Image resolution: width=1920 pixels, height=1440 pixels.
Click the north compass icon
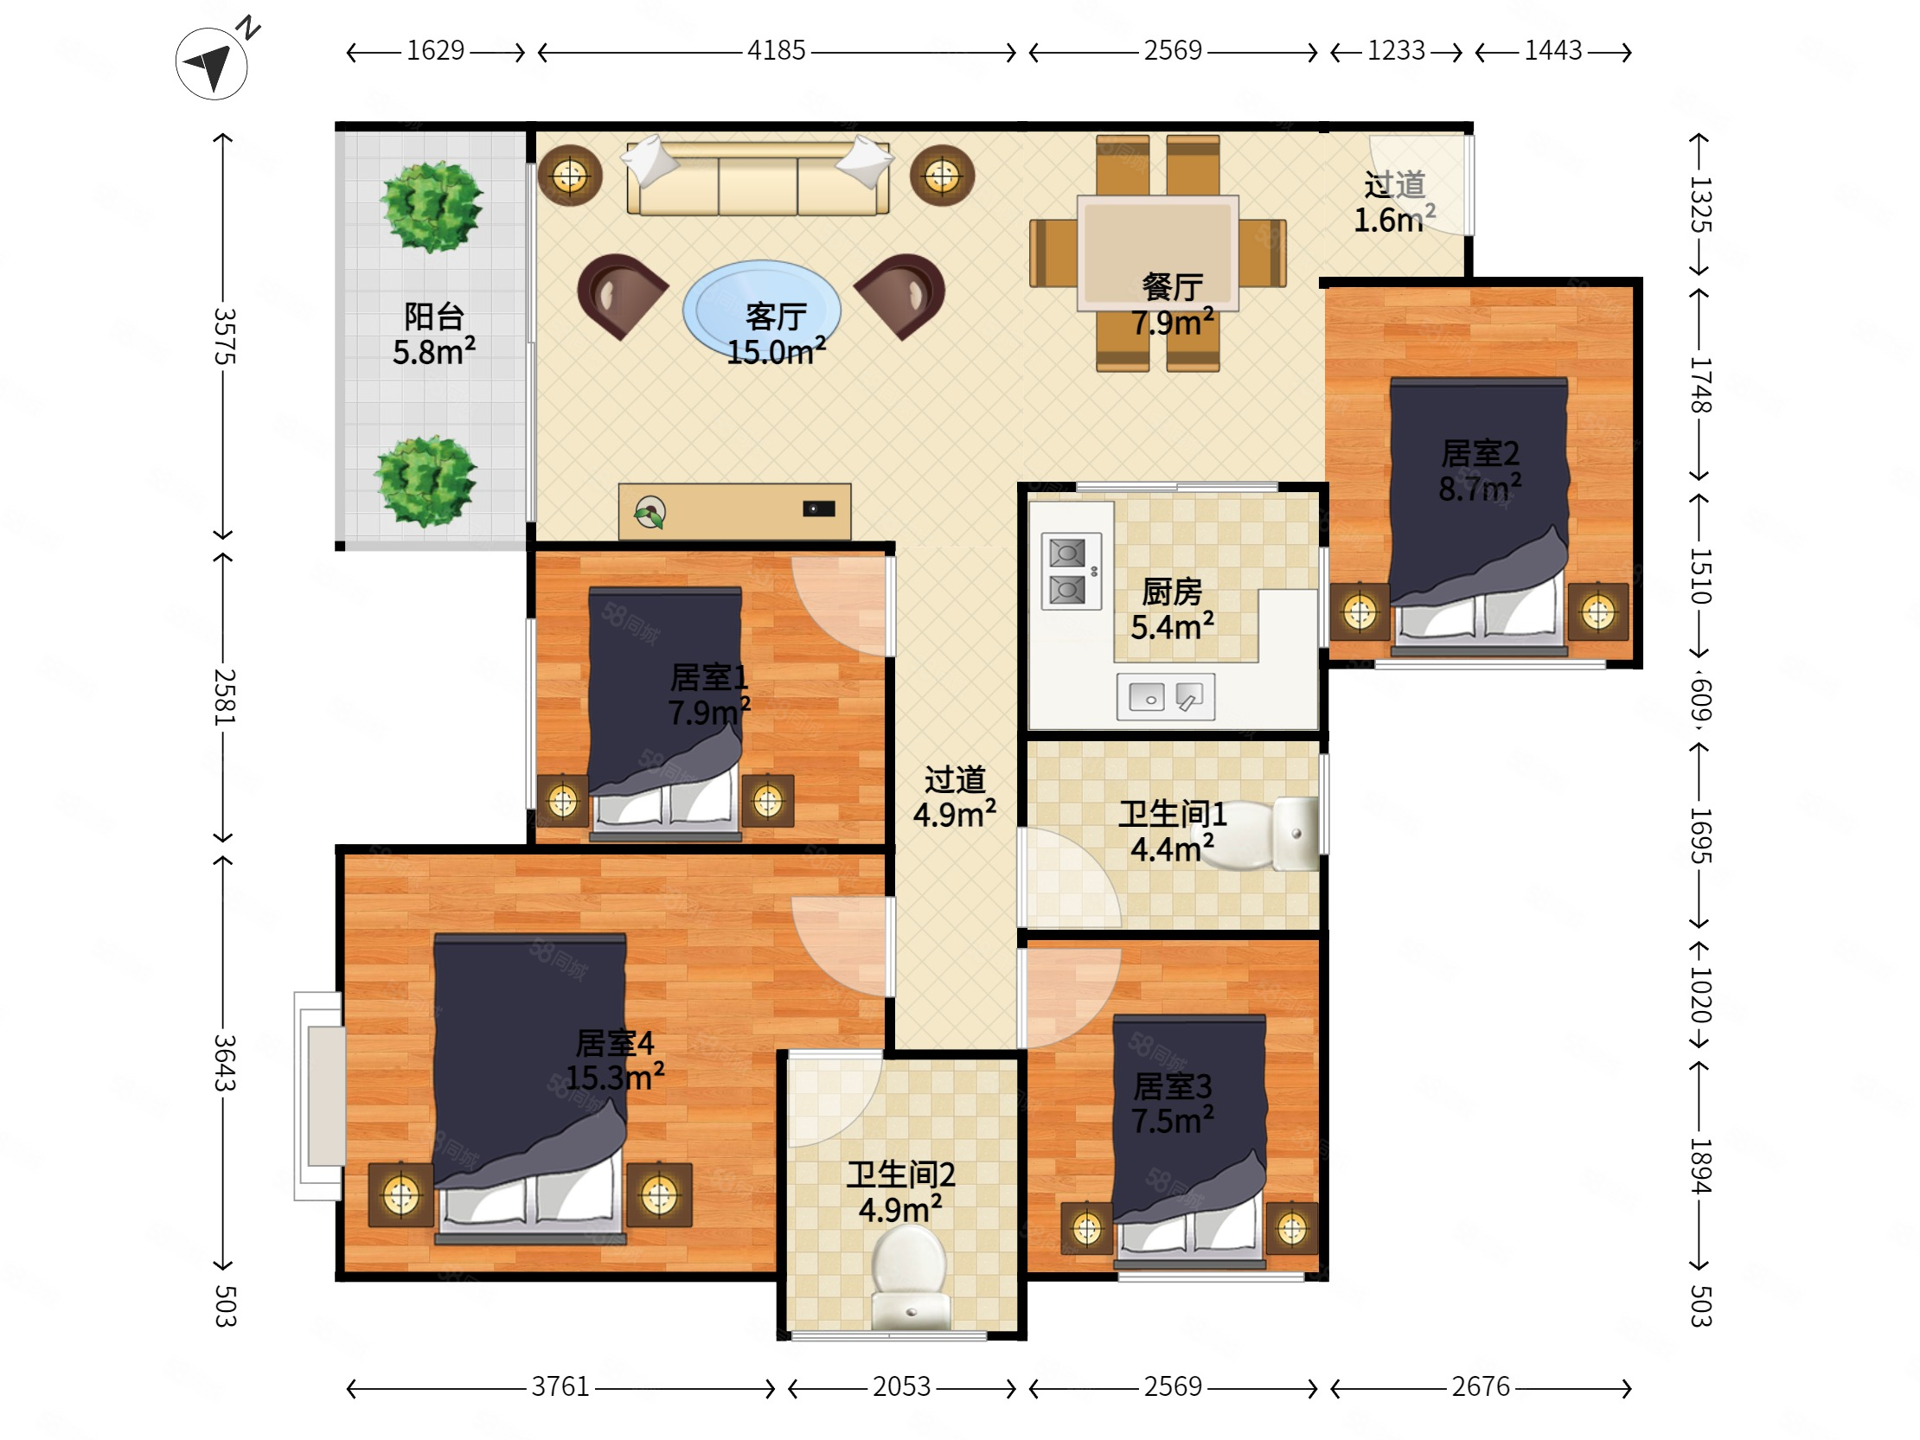pyautogui.click(x=212, y=62)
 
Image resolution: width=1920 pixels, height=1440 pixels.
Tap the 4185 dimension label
pyautogui.click(x=776, y=51)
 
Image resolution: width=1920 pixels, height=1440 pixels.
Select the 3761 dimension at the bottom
pyautogui.click(x=560, y=1387)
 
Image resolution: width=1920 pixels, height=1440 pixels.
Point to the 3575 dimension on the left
pyautogui.click(x=224, y=336)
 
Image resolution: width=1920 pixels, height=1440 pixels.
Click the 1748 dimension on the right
pyautogui.click(x=1699, y=385)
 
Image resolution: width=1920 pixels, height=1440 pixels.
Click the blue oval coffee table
pyautogui.click(x=761, y=309)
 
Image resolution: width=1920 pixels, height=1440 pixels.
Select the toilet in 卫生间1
pyautogui.click(x=1264, y=833)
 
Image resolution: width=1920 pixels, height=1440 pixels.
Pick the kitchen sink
pyautogui.click(x=1165, y=697)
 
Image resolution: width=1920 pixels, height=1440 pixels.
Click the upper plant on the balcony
pyautogui.click(x=432, y=207)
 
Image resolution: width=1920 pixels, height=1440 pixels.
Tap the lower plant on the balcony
pyautogui.click(x=426, y=481)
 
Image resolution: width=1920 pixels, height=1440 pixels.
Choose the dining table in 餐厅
pyautogui.click(x=1158, y=253)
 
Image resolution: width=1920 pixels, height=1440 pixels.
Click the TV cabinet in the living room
pyautogui.click(x=734, y=511)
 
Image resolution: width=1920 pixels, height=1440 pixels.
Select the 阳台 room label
pyautogui.click(x=434, y=316)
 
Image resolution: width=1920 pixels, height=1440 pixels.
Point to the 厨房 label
pyautogui.click(x=1172, y=592)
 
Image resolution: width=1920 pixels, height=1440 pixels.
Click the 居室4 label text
pyautogui.click(x=615, y=1042)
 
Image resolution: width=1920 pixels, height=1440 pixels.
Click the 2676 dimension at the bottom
pyautogui.click(x=1481, y=1387)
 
